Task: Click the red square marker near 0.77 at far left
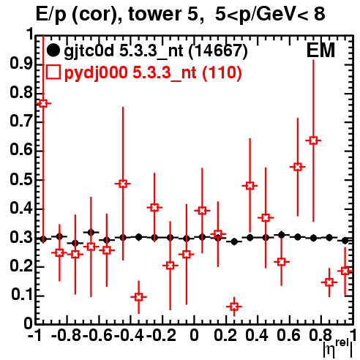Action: point(43,103)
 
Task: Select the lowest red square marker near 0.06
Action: point(234,307)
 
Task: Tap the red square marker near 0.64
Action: point(313,140)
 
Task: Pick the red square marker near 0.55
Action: point(298,167)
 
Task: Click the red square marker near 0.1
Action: point(138,297)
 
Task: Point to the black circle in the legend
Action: point(53,50)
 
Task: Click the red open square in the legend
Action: point(53,72)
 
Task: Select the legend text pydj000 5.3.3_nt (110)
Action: point(153,73)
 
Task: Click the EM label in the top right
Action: point(320,50)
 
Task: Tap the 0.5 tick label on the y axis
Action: point(21,180)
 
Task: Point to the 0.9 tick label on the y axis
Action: point(21,64)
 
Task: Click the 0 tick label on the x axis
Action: point(194,335)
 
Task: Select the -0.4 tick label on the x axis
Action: point(129,335)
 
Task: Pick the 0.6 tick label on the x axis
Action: point(288,335)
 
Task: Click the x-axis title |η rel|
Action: point(338,348)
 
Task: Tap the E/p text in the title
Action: point(51,15)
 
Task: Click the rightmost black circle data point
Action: point(345,241)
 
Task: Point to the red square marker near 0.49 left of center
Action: point(123,184)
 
